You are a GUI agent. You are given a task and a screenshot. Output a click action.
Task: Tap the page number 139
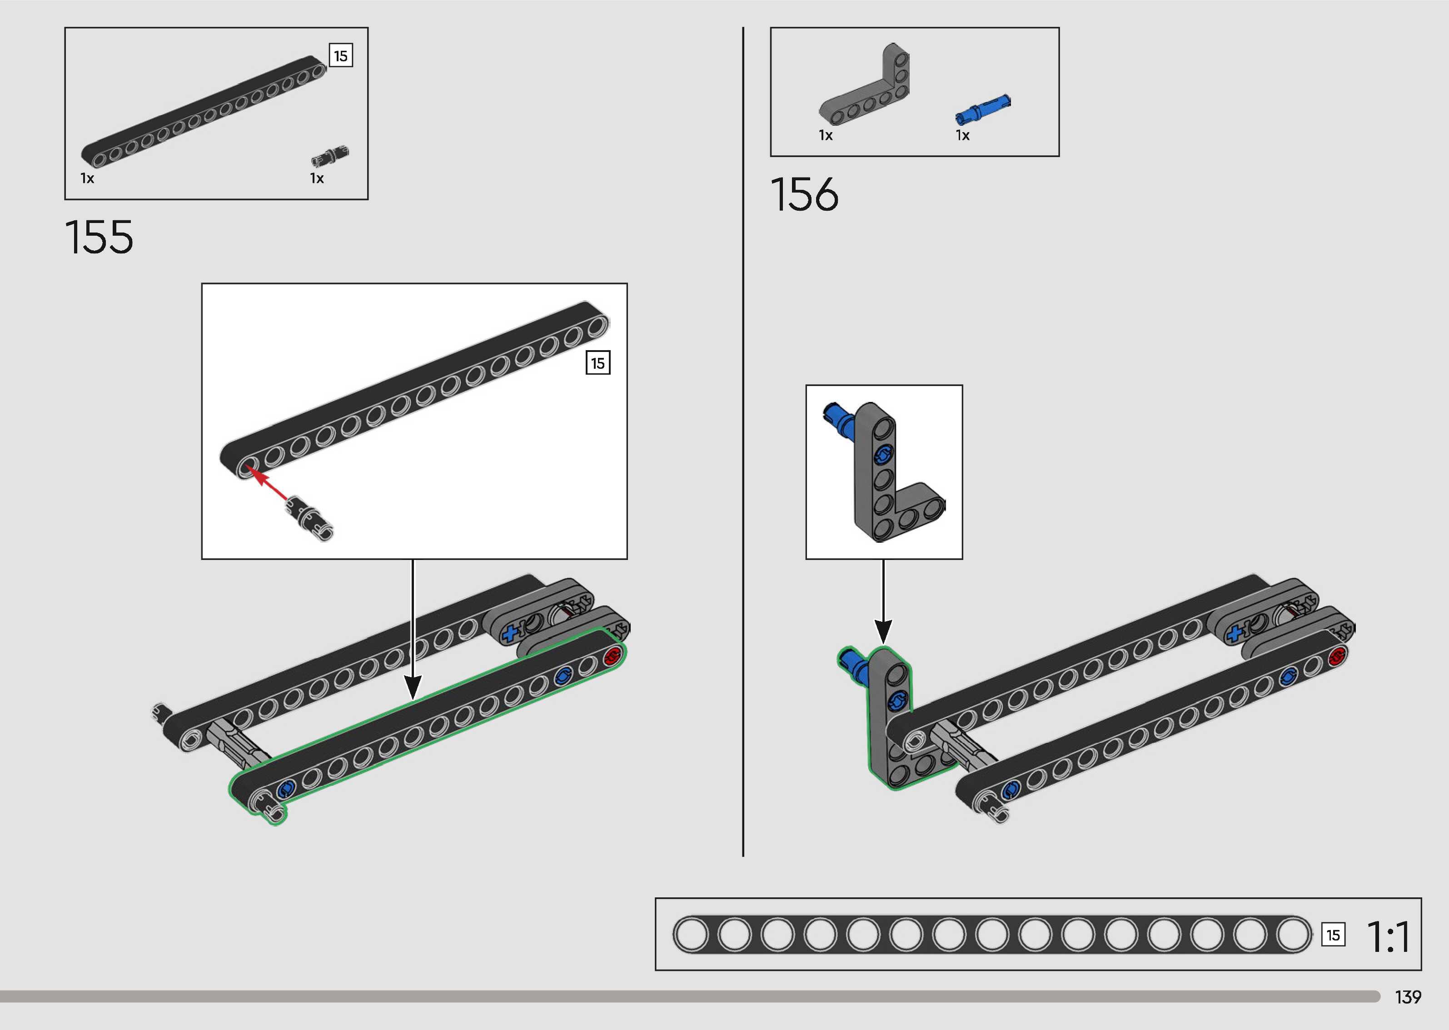(1408, 997)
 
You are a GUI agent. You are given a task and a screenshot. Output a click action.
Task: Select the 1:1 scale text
(1388, 937)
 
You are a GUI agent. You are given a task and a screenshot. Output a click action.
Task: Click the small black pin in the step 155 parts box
(330, 155)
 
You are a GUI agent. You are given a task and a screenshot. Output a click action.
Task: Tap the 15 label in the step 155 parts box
(341, 56)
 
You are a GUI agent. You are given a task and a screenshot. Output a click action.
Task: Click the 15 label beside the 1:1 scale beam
(1333, 935)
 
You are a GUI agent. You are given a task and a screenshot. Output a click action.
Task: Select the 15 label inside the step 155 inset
(598, 363)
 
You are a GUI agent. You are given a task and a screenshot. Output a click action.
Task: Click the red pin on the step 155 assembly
(612, 656)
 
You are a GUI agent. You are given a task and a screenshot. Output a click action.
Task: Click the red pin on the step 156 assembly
(1336, 656)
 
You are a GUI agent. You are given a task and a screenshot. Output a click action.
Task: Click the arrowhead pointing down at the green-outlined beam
(413, 687)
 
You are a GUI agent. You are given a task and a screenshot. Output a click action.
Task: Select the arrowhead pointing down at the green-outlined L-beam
(883, 631)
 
